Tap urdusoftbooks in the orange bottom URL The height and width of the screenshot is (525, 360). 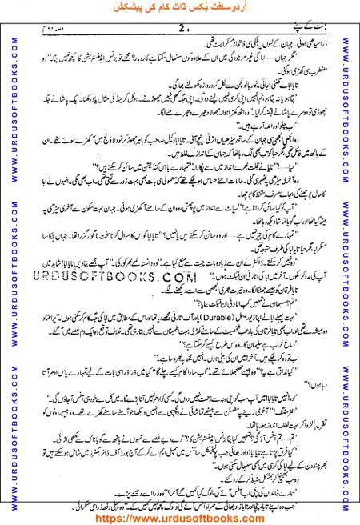(192, 516)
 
